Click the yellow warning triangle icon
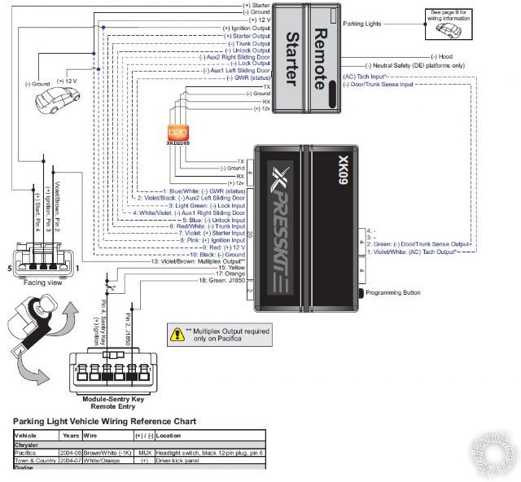177,333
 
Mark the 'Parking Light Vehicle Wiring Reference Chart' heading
105,422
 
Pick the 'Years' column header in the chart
71,436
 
